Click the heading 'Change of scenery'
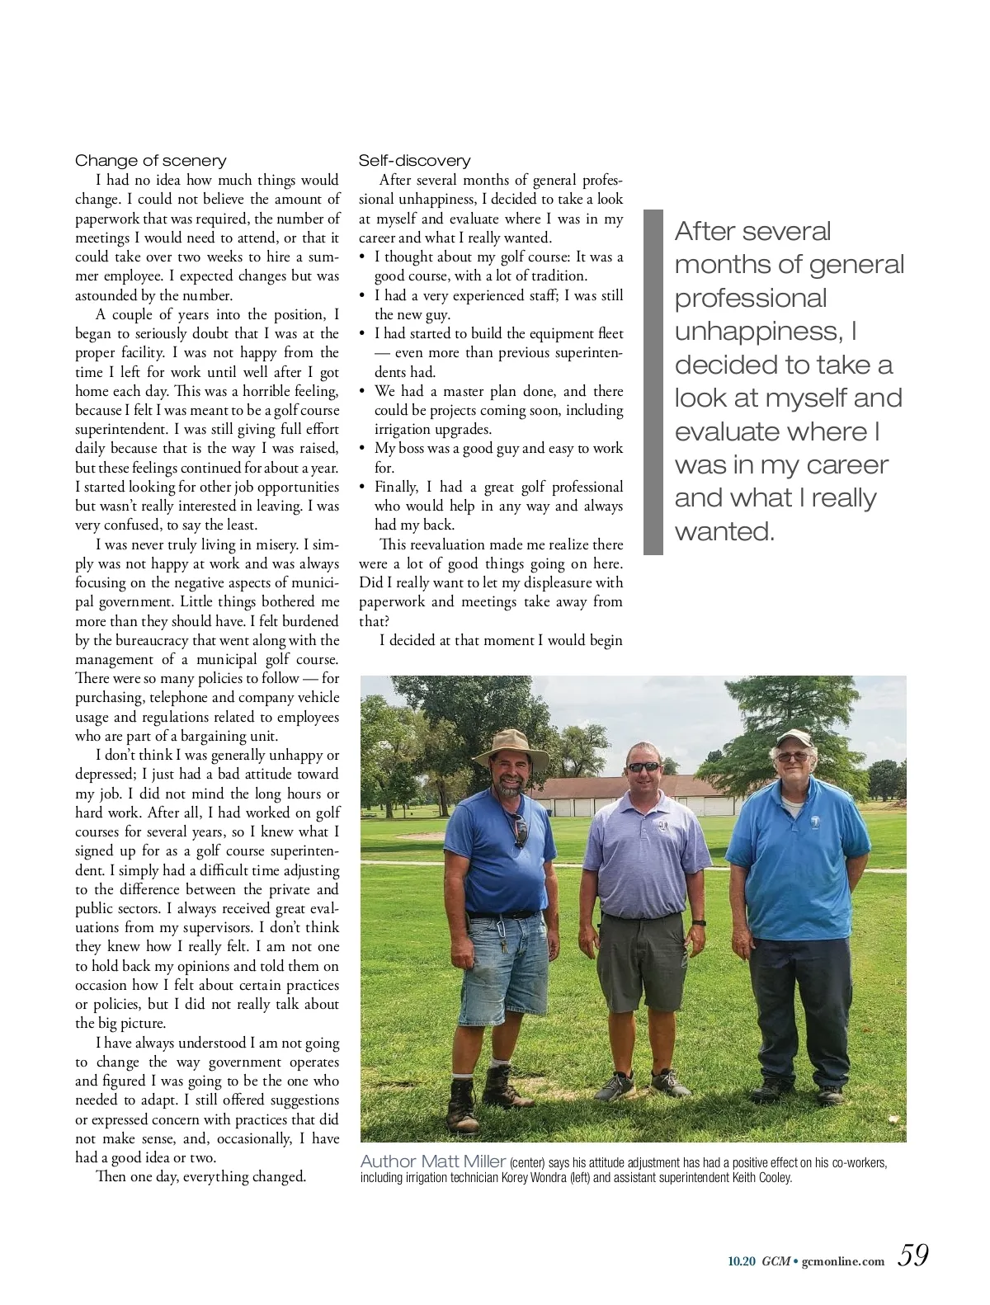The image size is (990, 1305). [150, 161]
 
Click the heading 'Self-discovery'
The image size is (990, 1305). [414, 161]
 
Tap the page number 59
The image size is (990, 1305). [913, 1255]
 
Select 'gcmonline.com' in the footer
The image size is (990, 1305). [843, 1260]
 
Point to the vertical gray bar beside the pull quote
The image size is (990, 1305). [653, 382]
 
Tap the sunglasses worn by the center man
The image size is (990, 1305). [644, 766]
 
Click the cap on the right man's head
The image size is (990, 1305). [794, 737]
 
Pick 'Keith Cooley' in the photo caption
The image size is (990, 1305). [761, 1177]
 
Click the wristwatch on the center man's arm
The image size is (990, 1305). [699, 922]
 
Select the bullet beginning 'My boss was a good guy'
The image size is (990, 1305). [498, 458]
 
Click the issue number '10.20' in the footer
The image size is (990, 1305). [742, 1260]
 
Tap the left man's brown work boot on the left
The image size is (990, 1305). [464, 1100]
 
